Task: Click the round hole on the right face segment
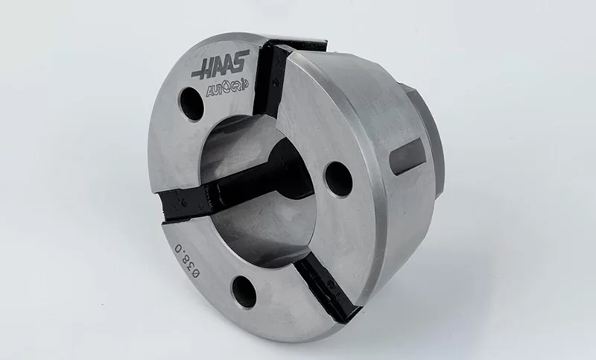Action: pos(339,179)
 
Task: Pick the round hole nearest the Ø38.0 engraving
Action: pos(244,291)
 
